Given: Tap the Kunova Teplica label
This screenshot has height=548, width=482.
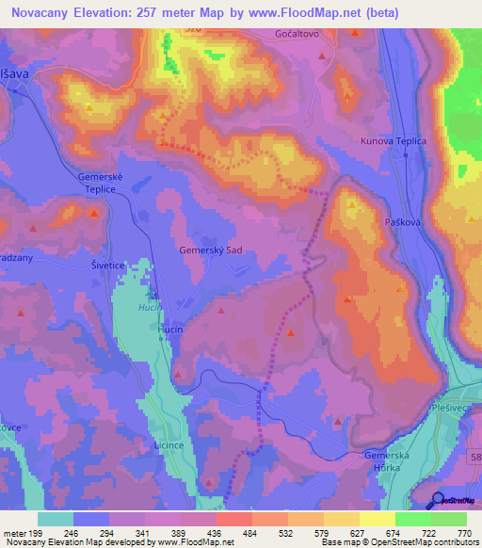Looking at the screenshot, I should [394, 141].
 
